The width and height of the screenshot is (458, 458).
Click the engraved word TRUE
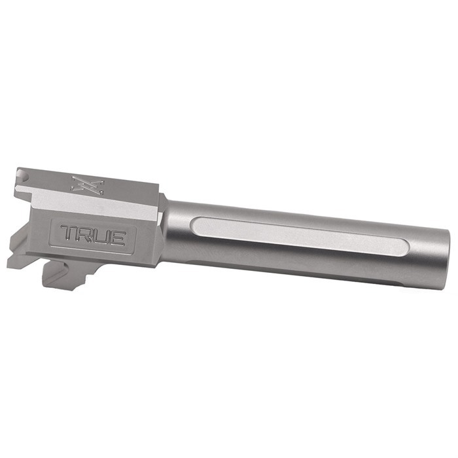coord(92,236)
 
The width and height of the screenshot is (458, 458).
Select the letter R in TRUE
coord(84,235)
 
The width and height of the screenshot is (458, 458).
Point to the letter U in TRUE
coord(100,236)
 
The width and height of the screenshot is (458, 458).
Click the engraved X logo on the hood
coord(85,186)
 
